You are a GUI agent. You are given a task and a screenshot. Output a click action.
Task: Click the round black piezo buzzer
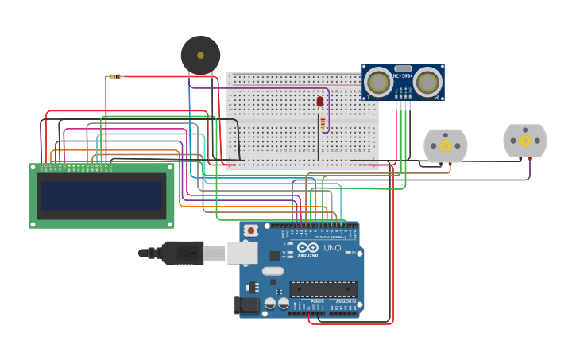(200, 56)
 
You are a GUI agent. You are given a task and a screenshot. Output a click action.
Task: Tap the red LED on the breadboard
(320, 101)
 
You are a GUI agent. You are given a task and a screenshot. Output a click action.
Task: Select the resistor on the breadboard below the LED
(323, 122)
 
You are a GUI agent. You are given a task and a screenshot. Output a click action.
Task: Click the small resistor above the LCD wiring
(115, 77)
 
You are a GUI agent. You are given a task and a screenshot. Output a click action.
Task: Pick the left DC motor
(445, 145)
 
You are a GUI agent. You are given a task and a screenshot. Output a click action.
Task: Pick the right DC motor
(525, 141)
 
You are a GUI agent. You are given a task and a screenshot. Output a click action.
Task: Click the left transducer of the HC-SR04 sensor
(379, 82)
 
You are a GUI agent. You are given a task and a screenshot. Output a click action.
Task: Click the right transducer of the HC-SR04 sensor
(427, 82)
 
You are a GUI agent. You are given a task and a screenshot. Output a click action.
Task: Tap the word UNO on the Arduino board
(332, 248)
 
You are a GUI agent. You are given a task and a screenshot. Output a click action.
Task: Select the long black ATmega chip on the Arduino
(323, 288)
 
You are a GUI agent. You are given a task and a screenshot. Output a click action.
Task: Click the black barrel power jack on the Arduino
(248, 305)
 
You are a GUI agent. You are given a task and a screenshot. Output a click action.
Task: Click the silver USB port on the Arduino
(242, 253)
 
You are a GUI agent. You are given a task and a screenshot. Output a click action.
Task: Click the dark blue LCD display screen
(102, 195)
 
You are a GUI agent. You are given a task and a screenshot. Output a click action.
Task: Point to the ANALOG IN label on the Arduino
(345, 302)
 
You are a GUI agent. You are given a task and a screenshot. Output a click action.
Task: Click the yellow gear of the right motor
(525, 141)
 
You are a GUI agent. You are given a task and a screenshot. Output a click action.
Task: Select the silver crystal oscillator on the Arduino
(273, 272)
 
